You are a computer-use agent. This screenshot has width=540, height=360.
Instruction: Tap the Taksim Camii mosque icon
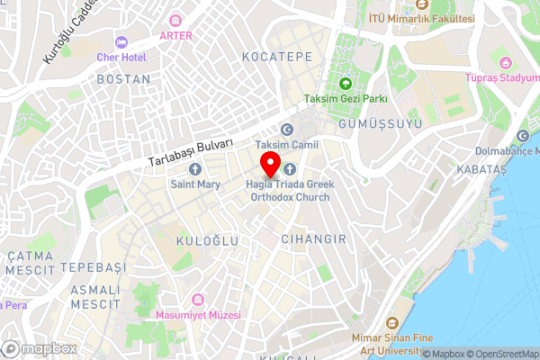[x=286, y=129]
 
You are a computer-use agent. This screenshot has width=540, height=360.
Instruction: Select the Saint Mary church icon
[x=194, y=168]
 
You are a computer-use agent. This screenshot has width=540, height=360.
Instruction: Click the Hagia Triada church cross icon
[x=289, y=168]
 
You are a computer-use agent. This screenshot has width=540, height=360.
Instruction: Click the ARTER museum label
[x=175, y=35]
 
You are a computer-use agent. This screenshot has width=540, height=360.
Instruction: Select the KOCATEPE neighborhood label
[x=276, y=57]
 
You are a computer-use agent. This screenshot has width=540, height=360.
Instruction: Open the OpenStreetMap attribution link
[x=502, y=354]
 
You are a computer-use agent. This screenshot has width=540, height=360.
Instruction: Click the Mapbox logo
[x=38, y=348]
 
